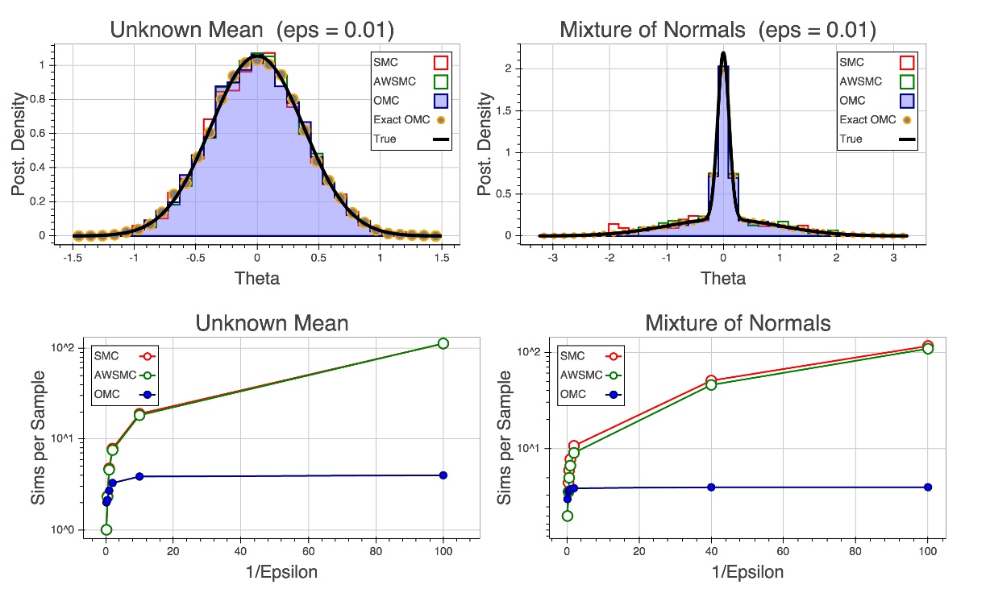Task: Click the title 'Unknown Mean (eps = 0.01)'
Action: pyautogui.click(x=252, y=31)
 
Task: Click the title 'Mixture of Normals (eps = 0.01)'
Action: pyautogui.click(x=718, y=31)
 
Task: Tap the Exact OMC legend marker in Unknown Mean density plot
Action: pyautogui.click(x=441, y=120)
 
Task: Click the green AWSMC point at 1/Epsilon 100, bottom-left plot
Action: pyautogui.click(x=443, y=343)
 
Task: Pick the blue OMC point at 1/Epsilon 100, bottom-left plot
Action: pyautogui.click(x=443, y=475)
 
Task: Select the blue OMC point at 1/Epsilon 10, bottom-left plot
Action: pyautogui.click(x=139, y=476)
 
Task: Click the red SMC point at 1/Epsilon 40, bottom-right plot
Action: pyautogui.click(x=711, y=380)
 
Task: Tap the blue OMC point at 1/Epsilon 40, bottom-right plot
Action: pyautogui.click(x=711, y=487)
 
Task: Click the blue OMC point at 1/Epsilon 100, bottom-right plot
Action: pyautogui.click(x=928, y=487)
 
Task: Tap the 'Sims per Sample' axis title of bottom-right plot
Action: pyautogui.click(x=505, y=437)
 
